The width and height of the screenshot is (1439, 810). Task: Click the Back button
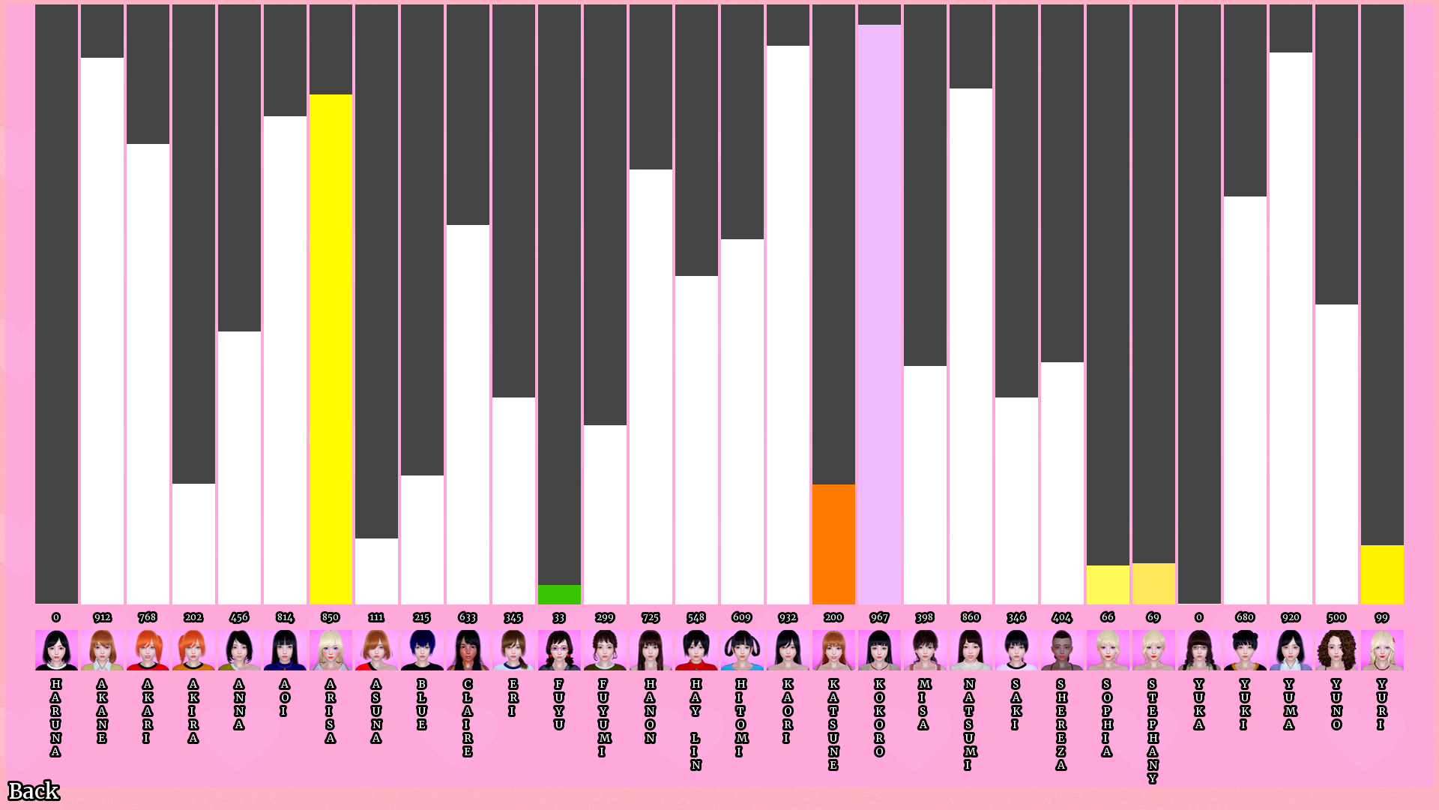(34, 790)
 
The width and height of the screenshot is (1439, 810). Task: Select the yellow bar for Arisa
(331, 349)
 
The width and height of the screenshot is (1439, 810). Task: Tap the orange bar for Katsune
(833, 544)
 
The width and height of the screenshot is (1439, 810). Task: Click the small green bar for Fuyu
(559, 594)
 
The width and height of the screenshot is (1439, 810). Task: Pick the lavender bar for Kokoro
(879, 314)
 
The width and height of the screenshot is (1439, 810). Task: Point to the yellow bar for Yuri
(1382, 574)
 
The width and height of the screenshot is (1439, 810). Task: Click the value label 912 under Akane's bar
(102, 617)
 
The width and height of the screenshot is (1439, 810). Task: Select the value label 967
(879, 617)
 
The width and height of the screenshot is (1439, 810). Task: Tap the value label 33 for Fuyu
(559, 617)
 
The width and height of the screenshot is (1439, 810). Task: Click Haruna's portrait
(56, 649)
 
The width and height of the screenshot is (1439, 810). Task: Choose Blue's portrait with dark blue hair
(422, 649)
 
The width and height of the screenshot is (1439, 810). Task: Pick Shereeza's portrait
(1062, 649)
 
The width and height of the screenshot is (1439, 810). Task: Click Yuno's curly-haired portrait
(1336, 649)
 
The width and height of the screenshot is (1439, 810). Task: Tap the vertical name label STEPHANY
(1153, 731)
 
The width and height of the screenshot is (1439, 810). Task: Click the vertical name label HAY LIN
(696, 724)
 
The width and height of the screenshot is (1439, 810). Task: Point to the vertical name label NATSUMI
(970, 724)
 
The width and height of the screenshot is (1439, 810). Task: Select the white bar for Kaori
(788, 325)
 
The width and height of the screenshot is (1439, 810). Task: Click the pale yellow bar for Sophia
(1108, 585)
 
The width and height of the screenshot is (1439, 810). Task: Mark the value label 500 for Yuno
(1336, 617)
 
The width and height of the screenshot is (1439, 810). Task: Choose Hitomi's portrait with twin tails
(742, 649)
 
